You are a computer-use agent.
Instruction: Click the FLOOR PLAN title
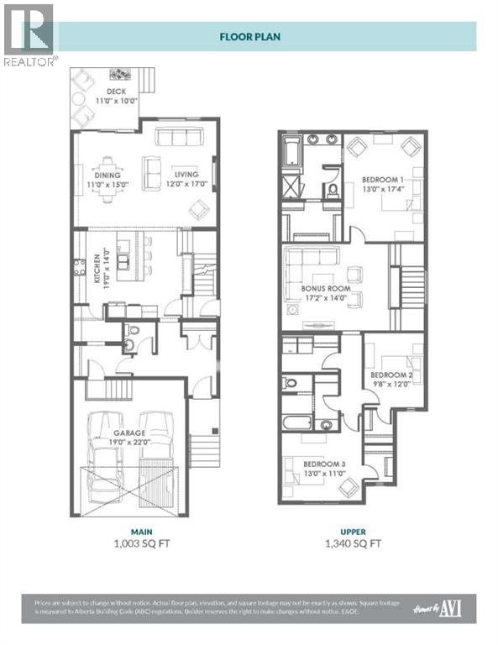(x=249, y=37)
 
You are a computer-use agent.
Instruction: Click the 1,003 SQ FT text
(x=129, y=543)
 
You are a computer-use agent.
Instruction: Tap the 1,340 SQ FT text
(x=352, y=543)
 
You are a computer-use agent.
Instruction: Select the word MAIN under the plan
(x=129, y=530)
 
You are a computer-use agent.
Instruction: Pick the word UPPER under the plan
(x=352, y=530)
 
